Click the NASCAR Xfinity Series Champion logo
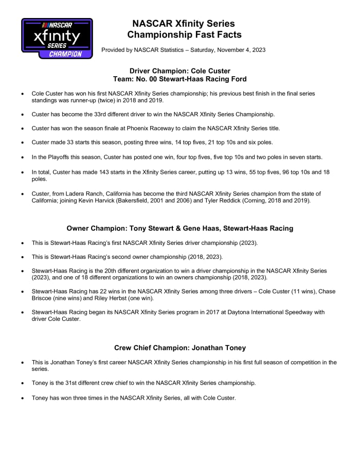coord(57,38)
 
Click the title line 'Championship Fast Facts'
coord(184,35)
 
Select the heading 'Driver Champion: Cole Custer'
coord(180,70)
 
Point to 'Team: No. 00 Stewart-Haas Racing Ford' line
coord(180,79)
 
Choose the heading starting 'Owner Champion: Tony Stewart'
coord(180,228)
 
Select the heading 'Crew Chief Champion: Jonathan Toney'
coord(180,348)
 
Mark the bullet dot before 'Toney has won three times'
coord(22,398)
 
